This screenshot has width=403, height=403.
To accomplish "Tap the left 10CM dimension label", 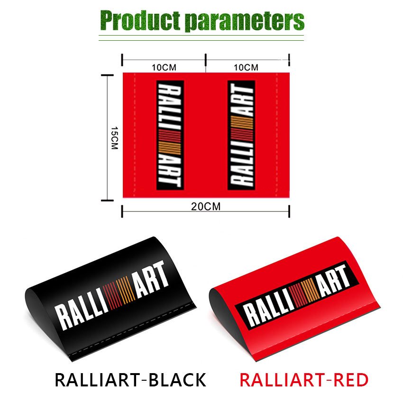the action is tap(164, 68).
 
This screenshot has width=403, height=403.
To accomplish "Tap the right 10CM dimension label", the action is tap(246, 67).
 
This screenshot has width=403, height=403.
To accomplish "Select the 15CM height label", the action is tap(114, 138).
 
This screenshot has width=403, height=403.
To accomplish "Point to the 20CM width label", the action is tap(206, 207).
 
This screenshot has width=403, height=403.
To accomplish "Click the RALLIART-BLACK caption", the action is tap(130, 380).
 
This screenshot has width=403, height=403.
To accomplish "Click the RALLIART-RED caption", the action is tap(304, 380).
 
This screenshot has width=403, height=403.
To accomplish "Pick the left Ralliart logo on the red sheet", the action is tap(170, 135).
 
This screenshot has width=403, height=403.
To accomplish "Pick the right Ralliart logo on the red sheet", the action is tap(241, 135).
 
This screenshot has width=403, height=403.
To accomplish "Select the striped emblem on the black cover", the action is tap(119, 292).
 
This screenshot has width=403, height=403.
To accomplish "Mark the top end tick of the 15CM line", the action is tap(107, 75).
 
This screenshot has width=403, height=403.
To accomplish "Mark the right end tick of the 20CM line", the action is tap(289, 211).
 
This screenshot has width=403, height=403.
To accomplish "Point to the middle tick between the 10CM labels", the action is tap(206, 60).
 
